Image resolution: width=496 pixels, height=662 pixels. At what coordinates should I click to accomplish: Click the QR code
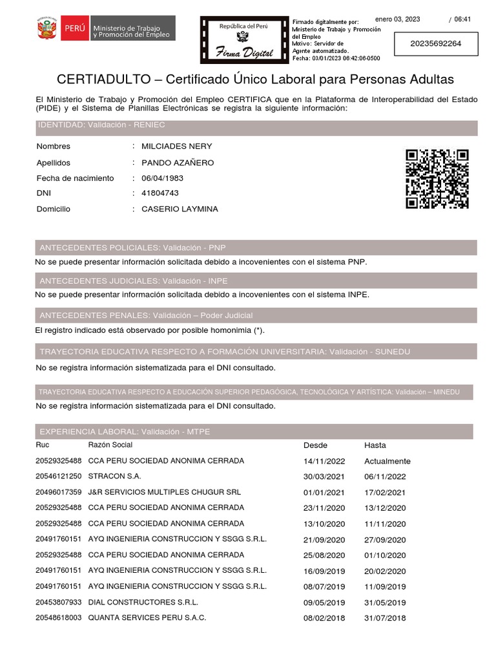tap(437, 179)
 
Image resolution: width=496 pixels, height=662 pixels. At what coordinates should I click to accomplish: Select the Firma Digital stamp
tap(243, 39)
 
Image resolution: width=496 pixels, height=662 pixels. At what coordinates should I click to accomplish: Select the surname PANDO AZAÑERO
tap(178, 163)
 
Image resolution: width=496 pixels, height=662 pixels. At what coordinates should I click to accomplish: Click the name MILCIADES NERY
tap(176, 147)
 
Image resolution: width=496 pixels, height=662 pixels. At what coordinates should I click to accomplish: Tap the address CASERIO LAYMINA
tap(180, 209)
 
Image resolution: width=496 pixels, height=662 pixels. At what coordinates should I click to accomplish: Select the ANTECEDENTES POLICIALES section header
tap(132, 248)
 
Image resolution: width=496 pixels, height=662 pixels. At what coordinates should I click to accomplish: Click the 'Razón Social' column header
tap(110, 445)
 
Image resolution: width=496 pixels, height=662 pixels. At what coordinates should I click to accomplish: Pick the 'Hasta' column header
tap(375, 445)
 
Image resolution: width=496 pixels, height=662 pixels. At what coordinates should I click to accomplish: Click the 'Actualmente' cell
tap(387, 462)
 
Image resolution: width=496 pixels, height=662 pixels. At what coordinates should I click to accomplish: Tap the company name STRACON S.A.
tap(114, 476)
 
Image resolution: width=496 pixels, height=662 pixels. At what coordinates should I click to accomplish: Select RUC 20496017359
tap(58, 492)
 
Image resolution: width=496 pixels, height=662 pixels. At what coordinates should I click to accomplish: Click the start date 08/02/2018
tap(324, 618)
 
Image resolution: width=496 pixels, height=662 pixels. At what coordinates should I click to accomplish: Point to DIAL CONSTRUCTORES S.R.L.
tap(143, 602)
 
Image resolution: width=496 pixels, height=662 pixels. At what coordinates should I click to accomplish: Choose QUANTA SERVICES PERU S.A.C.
tap(147, 617)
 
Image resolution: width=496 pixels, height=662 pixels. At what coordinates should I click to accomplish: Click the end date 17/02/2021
tap(385, 493)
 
